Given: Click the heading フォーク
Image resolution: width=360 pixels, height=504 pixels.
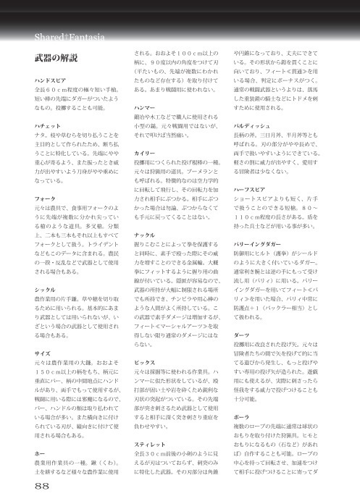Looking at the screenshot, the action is pyautogui.click(x=45, y=196).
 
